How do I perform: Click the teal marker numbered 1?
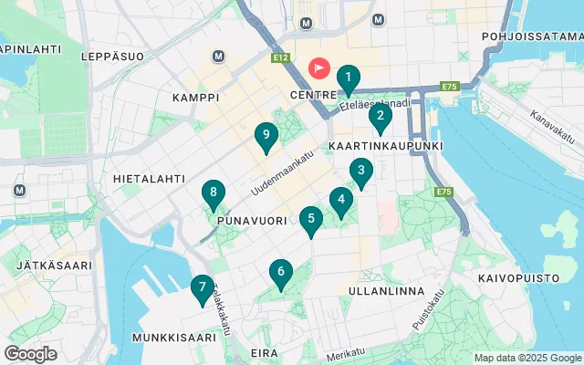point(348,79)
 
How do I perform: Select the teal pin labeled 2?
point(381,118)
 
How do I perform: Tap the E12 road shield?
point(281,57)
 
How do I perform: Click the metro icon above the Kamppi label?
point(219,56)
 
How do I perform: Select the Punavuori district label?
point(247,221)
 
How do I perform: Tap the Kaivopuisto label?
point(516,275)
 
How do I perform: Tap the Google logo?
point(30,354)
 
